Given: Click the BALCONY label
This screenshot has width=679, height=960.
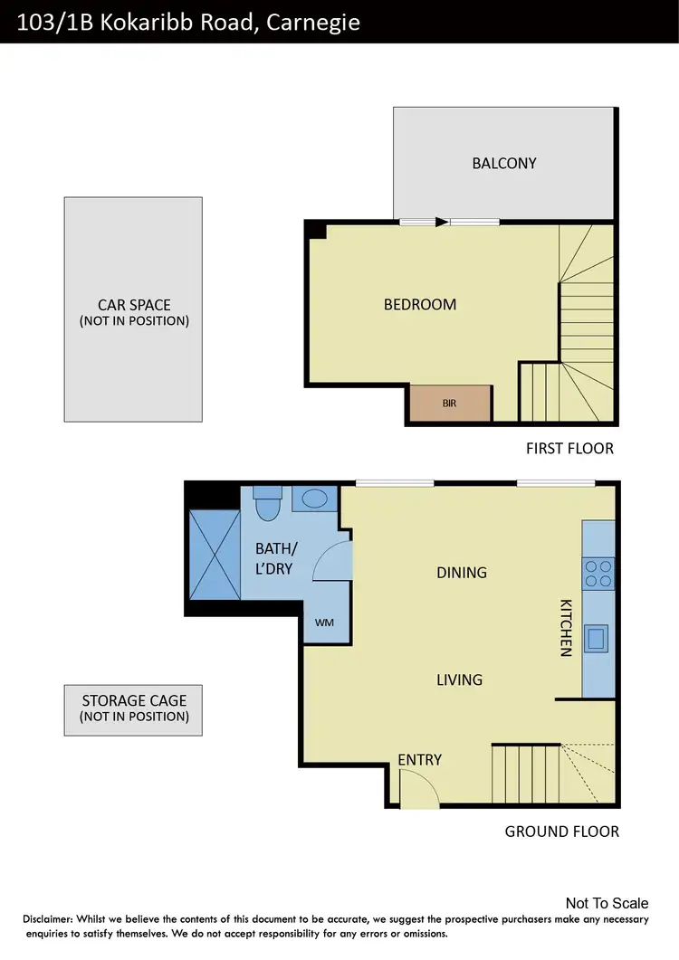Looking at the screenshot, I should (504, 164).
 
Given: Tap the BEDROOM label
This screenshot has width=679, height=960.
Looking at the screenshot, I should (420, 305).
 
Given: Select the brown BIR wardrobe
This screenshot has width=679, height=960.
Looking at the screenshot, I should (450, 404).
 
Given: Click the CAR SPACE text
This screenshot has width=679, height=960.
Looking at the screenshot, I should (134, 305).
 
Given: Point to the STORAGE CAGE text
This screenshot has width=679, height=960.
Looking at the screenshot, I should (134, 700).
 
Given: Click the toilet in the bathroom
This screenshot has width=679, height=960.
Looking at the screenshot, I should (268, 504).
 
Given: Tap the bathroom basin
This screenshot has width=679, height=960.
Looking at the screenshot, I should (315, 499).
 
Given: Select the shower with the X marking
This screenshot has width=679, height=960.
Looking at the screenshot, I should (214, 554).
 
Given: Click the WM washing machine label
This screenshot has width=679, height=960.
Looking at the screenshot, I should (323, 623).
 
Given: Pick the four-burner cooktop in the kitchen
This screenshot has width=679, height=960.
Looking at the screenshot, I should (598, 574).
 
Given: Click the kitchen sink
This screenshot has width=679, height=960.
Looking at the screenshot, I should (597, 639).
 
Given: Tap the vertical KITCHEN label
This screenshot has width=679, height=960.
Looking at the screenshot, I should (566, 627).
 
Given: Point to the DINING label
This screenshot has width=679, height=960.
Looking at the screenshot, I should (462, 573).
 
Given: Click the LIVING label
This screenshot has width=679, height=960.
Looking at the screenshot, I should (459, 680).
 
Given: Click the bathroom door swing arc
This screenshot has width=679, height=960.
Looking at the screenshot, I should (332, 562).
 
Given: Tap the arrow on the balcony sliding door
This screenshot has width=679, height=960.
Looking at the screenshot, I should (441, 222).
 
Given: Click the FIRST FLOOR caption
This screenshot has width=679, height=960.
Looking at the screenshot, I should (569, 449).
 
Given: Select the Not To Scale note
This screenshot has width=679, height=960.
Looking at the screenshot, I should (607, 903).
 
